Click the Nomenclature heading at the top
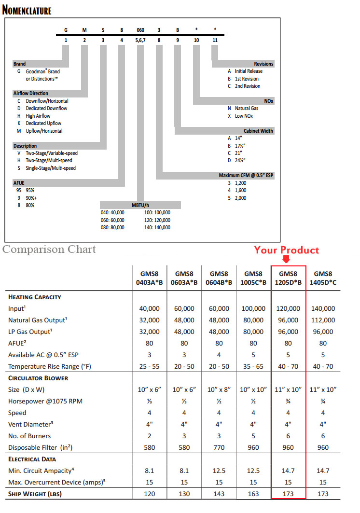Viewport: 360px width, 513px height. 27,10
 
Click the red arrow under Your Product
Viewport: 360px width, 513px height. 286,259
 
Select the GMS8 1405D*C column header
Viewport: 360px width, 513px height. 323,277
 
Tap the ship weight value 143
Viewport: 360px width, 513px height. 219,494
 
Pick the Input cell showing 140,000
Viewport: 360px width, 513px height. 323,308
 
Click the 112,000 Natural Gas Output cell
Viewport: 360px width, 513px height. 323,320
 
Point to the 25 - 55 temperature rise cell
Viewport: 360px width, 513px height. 149,366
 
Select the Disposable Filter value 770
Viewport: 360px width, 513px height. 219,447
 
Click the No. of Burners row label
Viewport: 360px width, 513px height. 30,436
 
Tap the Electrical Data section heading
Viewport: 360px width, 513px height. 32,459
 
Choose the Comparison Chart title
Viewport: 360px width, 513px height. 49,250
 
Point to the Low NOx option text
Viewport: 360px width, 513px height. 244,116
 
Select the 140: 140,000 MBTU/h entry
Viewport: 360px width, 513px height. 157,227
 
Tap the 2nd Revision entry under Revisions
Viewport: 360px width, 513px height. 247,86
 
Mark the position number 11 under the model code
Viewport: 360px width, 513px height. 215,40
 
